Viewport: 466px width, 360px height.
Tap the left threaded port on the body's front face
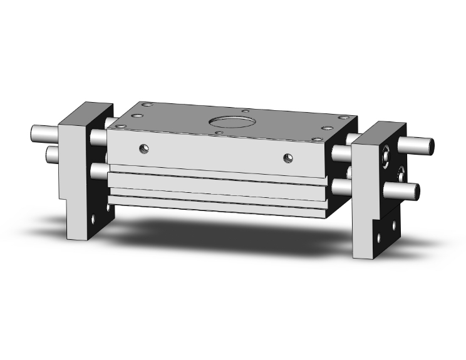click(x=145, y=148)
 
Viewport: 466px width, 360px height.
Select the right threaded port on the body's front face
click(x=288, y=156)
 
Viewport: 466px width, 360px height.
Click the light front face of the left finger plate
click(x=70, y=182)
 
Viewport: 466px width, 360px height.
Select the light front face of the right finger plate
click(x=365, y=200)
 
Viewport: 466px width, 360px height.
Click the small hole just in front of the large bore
click(x=219, y=131)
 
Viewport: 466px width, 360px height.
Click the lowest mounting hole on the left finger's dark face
click(x=94, y=220)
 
